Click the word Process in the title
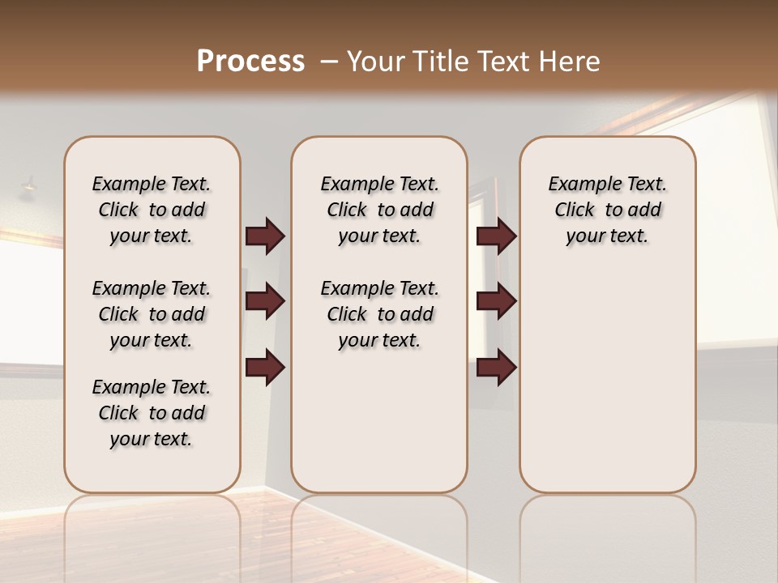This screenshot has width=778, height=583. pyautogui.click(x=250, y=62)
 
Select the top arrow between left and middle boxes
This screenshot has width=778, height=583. pyautogui.click(x=265, y=236)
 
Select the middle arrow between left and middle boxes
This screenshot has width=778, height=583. pyautogui.click(x=265, y=301)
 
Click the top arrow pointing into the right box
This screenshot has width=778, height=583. pyautogui.click(x=496, y=236)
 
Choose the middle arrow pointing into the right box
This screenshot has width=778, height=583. pyautogui.click(x=496, y=301)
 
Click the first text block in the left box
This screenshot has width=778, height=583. pyautogui.click(x=152, y=210)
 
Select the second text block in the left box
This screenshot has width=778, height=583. pyautogui.click(x=152, y=314)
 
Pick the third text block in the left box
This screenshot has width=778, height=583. pyautogui.click(x=152, y=413)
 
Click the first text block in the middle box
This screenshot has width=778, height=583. pyautogui.click(x=379, y=210)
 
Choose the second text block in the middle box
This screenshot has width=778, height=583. pyautogui.click(x=379, y=314)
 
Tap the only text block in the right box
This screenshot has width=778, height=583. pyautogui.click(x=607, y=210)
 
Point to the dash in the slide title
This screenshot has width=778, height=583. pyautogui.click(x=328, y=62)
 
